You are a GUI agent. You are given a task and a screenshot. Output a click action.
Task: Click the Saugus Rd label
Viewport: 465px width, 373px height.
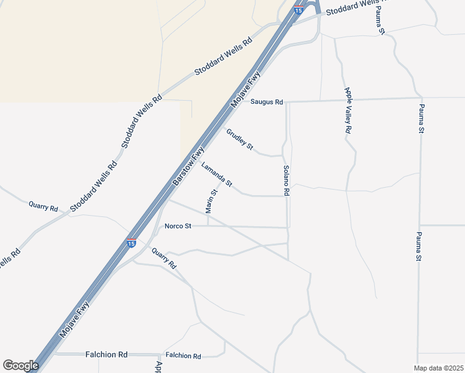(267, 102)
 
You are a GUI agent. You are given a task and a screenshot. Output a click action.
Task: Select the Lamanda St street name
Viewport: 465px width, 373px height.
(216, 175)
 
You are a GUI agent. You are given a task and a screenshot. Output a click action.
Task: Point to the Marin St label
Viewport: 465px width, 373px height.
(212, 200)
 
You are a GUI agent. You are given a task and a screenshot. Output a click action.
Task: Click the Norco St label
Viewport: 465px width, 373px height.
(178, 226)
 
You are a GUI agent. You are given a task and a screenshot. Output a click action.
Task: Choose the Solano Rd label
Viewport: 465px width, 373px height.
(286, 181)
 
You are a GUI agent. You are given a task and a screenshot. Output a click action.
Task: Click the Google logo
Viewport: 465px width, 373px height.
(21, 366)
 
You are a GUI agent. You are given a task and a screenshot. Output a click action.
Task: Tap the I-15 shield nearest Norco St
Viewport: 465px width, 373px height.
(131, 242)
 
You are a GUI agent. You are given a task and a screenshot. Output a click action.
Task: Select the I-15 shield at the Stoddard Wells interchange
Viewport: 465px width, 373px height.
(299, 10)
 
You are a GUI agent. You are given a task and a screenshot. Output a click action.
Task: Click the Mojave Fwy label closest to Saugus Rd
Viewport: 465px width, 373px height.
(246, 91)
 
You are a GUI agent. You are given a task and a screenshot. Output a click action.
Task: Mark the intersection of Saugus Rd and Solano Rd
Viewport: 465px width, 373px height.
(287, 101)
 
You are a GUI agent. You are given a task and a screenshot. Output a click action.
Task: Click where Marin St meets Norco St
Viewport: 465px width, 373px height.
(208, 226)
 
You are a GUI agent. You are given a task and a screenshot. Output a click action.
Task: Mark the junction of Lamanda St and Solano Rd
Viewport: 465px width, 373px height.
(287, 196)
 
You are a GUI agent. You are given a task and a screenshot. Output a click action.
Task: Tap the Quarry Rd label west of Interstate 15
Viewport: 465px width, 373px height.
(44, 206)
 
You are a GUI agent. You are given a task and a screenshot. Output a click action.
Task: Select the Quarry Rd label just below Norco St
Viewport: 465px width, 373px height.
(164, 258)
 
